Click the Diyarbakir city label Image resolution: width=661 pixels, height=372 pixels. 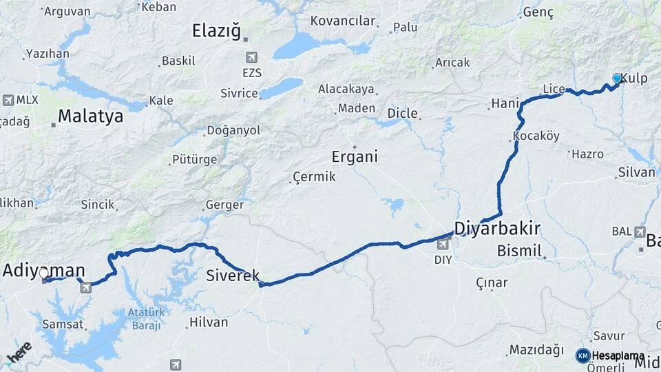coord(497,229)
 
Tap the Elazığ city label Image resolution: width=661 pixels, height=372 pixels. coord(216,30)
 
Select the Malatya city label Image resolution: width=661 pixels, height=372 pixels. coord(90,116)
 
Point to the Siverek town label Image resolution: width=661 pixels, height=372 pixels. coord(233,276)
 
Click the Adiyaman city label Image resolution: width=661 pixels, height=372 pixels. coord(43,270)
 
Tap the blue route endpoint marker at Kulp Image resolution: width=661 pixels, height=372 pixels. coord(617,79)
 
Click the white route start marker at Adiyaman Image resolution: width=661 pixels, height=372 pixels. coord(45,279)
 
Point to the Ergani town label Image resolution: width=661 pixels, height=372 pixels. coord(355,156)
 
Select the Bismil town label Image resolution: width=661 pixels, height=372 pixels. coord(520,249)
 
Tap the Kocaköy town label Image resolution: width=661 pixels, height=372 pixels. coord(536,136)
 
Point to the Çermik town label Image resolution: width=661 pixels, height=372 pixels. coord(314,177)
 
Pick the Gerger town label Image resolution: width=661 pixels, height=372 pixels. coord(224,205)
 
